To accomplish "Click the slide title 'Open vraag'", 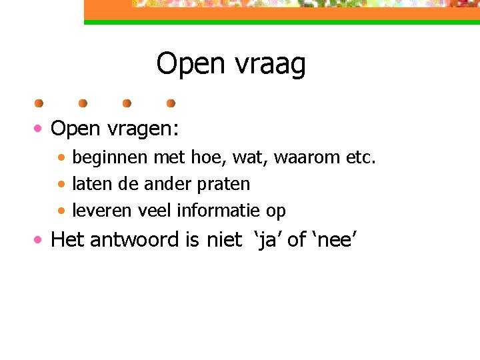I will coord(231,65).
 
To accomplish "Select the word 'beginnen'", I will coord(111,159).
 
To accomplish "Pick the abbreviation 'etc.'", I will coord(361,159).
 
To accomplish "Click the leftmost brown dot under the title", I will coord(39,103).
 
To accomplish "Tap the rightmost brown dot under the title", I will coord(171,103).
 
